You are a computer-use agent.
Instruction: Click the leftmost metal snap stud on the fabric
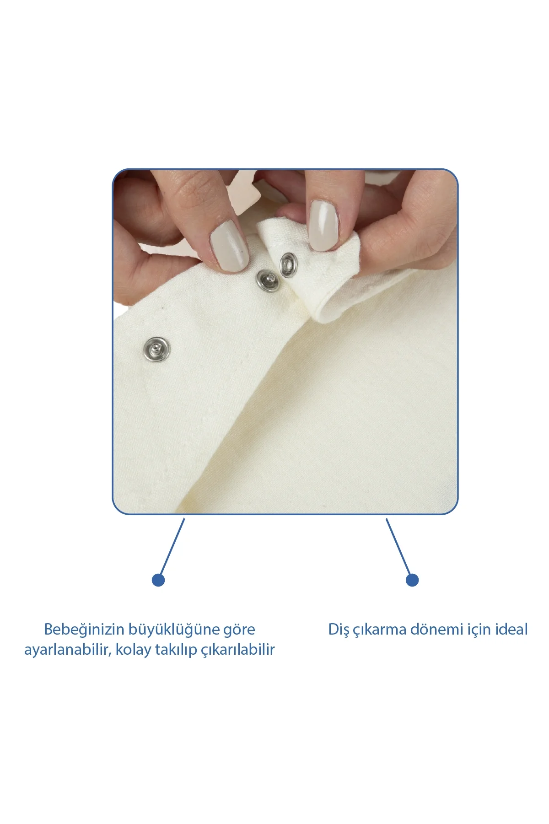(157, 350)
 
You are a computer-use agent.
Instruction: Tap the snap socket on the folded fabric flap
(288, 265)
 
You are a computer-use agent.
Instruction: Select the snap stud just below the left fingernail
(267, 280)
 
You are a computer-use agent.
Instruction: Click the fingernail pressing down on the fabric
(229, 246)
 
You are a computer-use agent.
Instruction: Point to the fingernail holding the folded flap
(324, 225)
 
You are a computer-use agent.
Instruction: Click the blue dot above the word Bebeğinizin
(158, 580)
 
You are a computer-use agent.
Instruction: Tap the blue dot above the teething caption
(412, 580)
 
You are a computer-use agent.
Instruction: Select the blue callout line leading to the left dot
(172, 546)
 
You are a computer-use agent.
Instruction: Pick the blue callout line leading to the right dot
(398, 546)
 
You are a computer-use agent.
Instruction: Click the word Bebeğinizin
(84, 630)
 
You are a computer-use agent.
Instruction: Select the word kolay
(133, 650)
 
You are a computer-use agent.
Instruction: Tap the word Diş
(339, 630)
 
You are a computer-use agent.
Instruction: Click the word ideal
(511, 630)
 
